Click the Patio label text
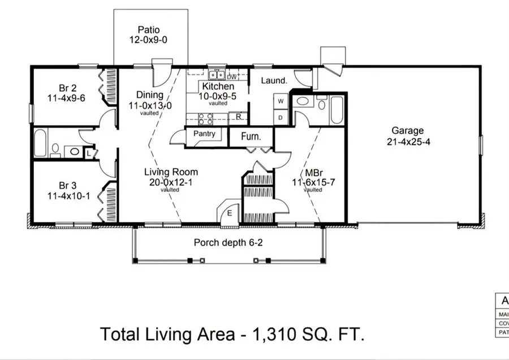[x=148, y=29]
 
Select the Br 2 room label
[x=67, y=88]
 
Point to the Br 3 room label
[x=67, y=186]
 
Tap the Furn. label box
[x=251, y=136]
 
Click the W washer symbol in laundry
[x=281, y=101]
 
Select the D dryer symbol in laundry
[x=281, y=117]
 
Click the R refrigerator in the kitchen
[x=239, y=117]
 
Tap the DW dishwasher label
[x=231, y=76]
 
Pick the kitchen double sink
[x=216, y=75]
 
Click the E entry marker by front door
[x=230, y=213]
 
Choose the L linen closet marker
[x=89, y=152]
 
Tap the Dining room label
[x=149, y=95]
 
